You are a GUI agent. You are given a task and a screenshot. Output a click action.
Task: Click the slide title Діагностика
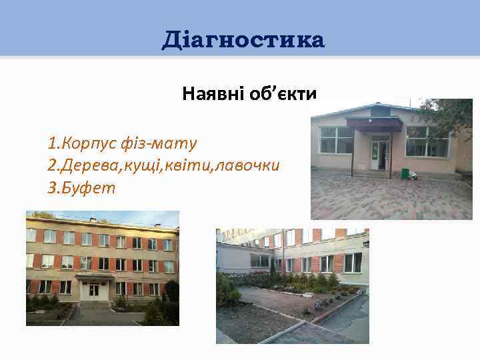coord(243,41)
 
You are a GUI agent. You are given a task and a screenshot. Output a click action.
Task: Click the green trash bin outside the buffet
coord(405,173)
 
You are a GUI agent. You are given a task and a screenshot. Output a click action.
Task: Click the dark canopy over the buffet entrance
coord(373,125)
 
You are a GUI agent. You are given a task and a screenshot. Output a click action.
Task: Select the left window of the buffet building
coord(336,141)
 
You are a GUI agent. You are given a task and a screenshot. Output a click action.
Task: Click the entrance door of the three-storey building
coord(94,291)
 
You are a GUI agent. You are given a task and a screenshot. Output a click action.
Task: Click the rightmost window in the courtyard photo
coord(353,262)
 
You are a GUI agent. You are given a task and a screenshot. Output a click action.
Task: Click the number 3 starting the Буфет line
coord(52,187)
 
